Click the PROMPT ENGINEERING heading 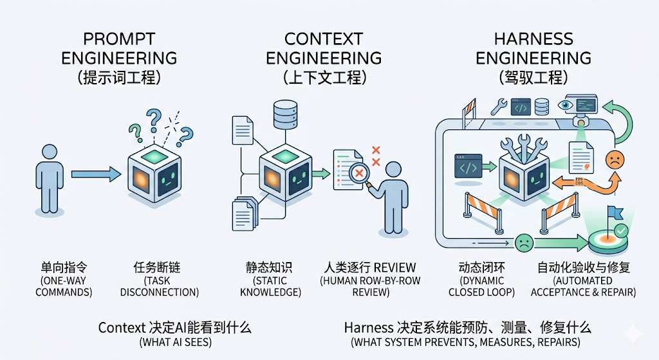119,48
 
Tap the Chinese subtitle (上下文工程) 324,79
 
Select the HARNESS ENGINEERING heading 534,48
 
